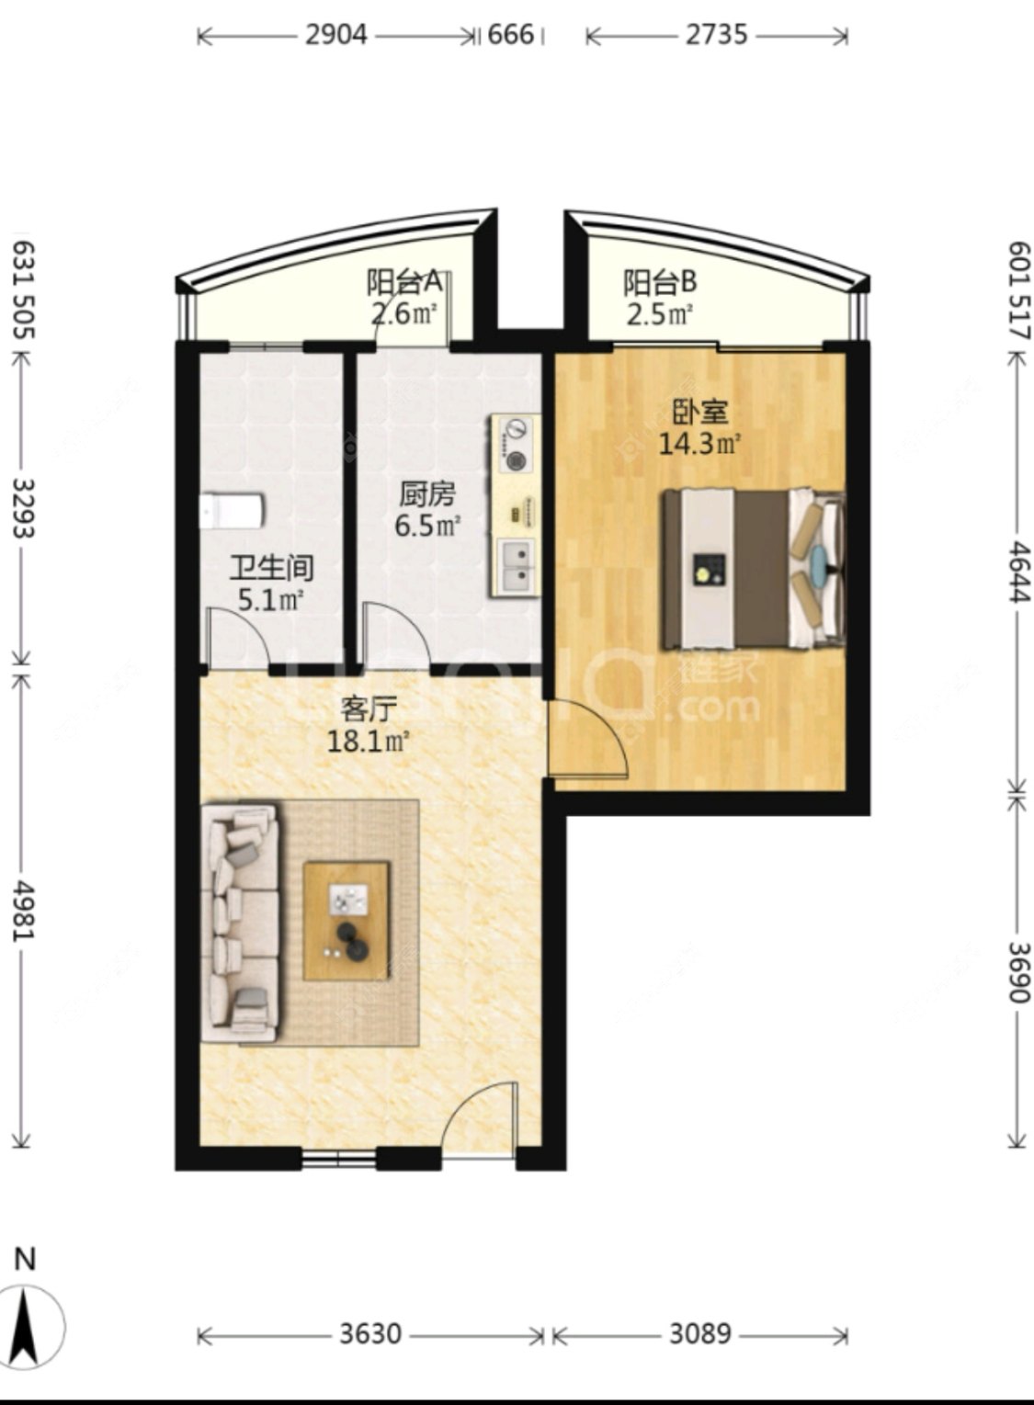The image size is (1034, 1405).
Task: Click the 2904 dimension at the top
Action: pos(335,35)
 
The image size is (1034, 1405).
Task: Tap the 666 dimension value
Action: pos(511,35)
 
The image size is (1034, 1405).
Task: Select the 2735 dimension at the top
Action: pos(717,35)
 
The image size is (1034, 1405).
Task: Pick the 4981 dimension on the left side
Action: pos(24,911)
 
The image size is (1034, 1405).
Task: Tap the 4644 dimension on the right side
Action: pos(1020,572)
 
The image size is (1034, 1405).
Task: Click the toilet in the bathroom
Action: pos(233,511)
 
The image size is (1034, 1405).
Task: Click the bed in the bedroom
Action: pos(753,568)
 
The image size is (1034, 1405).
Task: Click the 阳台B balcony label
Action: pos(659,283)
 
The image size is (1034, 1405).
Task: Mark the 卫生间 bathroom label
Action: pos(271,568)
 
